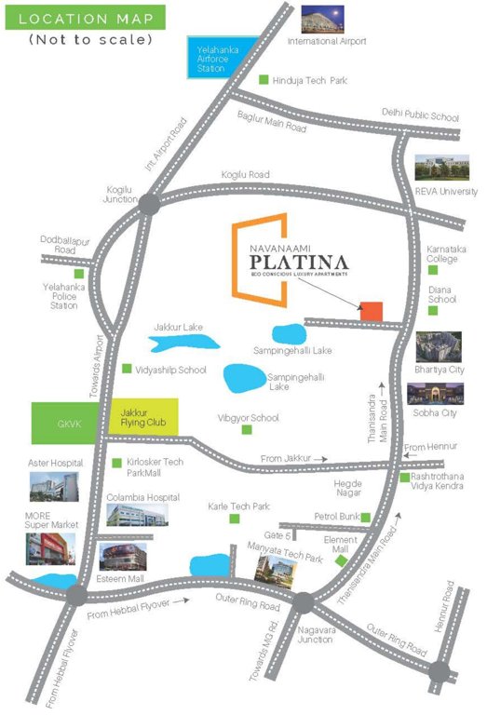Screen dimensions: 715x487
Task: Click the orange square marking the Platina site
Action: [372, 312]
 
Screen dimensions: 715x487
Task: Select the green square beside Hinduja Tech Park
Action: [264, 81]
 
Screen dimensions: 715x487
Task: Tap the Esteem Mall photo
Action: [121, 558]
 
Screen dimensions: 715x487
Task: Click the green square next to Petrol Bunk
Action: [366, 517]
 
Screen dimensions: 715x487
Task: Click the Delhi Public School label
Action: [420, 116]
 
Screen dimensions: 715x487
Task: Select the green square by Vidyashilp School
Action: [128, 370]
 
